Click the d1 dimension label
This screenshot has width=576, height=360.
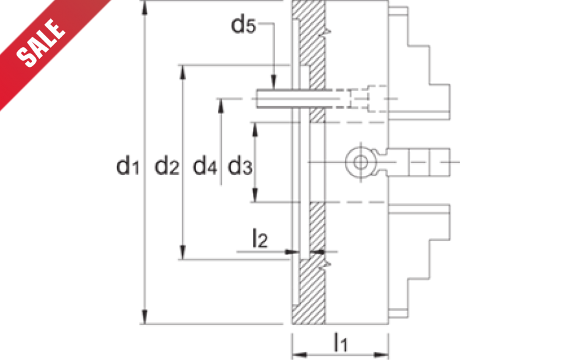(127, 166)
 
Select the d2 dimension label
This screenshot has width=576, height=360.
(167, 166)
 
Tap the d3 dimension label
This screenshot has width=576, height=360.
(240, 166)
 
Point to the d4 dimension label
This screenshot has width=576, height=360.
(205, 166)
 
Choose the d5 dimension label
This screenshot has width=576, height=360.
(243, 25)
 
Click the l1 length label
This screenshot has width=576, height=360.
(341, 342)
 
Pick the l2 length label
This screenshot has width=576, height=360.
(260, 239)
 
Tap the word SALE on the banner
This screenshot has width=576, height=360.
(41, 43)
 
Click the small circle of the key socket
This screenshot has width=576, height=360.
(361, 162)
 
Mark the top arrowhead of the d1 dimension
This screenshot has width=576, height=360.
(145, 8)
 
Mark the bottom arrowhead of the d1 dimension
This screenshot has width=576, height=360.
(145, 316)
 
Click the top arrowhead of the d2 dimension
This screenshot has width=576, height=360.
(183, 72)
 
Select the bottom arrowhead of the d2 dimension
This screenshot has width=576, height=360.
(183, 252)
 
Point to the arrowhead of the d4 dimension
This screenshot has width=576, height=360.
(221, 106)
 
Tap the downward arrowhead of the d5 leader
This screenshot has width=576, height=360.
(274, 82)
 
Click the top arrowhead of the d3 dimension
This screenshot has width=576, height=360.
(255, 130)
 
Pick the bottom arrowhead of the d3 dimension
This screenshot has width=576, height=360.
(255, 195)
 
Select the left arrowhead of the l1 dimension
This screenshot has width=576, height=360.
(300, 355)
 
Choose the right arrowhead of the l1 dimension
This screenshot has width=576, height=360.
(381, 355)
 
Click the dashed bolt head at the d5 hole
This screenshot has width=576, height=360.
(377, 99)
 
